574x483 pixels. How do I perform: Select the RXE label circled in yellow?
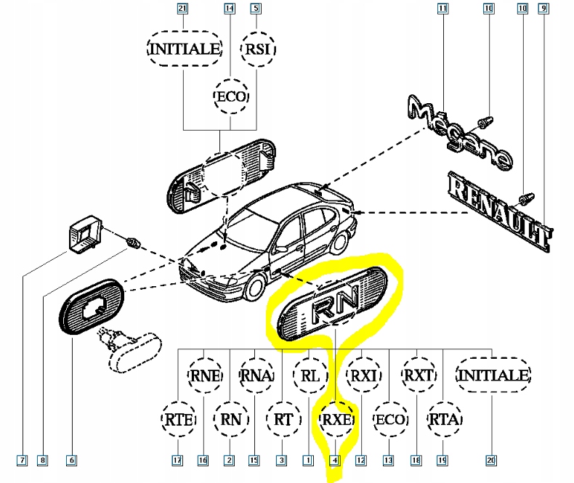336,419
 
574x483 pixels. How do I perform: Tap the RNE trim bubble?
206,376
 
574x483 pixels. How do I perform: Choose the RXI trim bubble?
362,376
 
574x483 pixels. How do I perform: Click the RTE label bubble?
177,419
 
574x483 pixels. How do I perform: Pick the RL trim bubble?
310,376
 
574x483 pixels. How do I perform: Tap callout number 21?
182,9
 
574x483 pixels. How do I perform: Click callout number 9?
543,9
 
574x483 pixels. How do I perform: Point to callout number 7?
23,460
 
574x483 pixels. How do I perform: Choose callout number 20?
492,460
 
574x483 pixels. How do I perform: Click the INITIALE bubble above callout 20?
493,376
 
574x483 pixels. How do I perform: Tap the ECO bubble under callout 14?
232,96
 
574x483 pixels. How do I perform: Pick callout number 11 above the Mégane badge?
442,9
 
